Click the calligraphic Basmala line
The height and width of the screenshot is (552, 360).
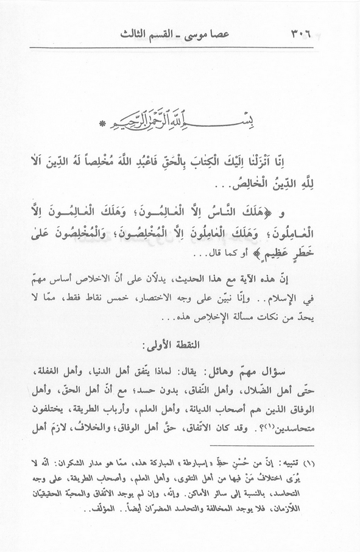coord(183,113)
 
